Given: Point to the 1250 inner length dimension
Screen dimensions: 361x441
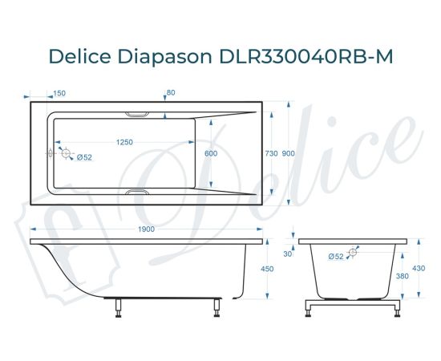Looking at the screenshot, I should pos(124,142).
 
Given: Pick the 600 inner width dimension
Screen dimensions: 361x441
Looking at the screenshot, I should pos(211,152).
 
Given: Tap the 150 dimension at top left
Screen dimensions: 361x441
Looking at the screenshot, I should pos(59,93).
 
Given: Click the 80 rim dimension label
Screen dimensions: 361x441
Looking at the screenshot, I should pos(171,93).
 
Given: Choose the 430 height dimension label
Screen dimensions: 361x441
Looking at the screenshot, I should pos(418,269).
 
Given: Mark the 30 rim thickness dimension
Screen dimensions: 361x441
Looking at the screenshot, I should pos(288,254).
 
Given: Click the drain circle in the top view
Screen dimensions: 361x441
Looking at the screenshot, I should pos(66,152).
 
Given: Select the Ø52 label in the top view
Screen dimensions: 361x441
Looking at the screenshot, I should pos(85,158).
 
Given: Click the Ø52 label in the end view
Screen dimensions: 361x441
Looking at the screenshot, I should pos(336,257).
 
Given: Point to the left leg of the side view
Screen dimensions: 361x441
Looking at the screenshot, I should pos(118,307).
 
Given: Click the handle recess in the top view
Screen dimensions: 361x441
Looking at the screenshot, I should pos(141,113).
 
